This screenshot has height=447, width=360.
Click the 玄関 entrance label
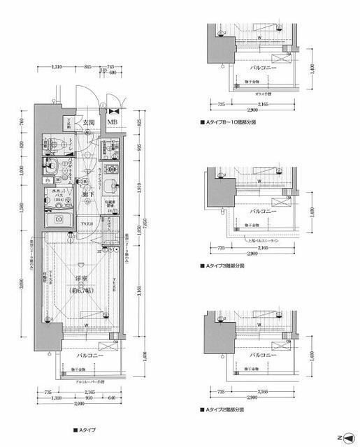[x=88, y=123]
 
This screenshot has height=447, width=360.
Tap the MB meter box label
[x=112, y=124]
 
